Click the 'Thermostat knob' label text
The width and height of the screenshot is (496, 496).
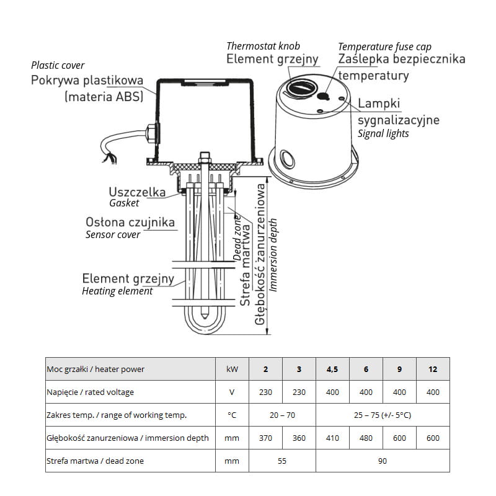[263, 46]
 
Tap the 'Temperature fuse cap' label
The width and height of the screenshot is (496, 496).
[384, 47]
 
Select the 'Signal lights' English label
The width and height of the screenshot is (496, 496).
[383, 133]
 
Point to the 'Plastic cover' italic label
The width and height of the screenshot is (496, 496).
[58, 66]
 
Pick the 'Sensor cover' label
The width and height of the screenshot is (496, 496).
[113, 235]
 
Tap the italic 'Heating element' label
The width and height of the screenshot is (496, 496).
[117, 291]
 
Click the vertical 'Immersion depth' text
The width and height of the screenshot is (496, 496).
[274, 255]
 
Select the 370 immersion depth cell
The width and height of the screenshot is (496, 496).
[265, 438]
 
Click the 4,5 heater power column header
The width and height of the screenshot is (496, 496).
[332, 369]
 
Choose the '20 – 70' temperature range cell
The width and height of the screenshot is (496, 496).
[282, 415]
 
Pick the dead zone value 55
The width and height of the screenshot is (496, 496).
[282, 461]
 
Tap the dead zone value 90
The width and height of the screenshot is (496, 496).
[383, 461]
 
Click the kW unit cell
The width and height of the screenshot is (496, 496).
[232, 369]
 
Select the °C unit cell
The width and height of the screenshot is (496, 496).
[232, 415]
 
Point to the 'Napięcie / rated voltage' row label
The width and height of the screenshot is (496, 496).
[90, 392]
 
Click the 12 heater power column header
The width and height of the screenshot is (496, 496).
[433, 369]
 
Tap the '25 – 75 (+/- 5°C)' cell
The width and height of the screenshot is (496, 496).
[383, 415]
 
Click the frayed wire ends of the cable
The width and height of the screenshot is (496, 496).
[110, 158]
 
